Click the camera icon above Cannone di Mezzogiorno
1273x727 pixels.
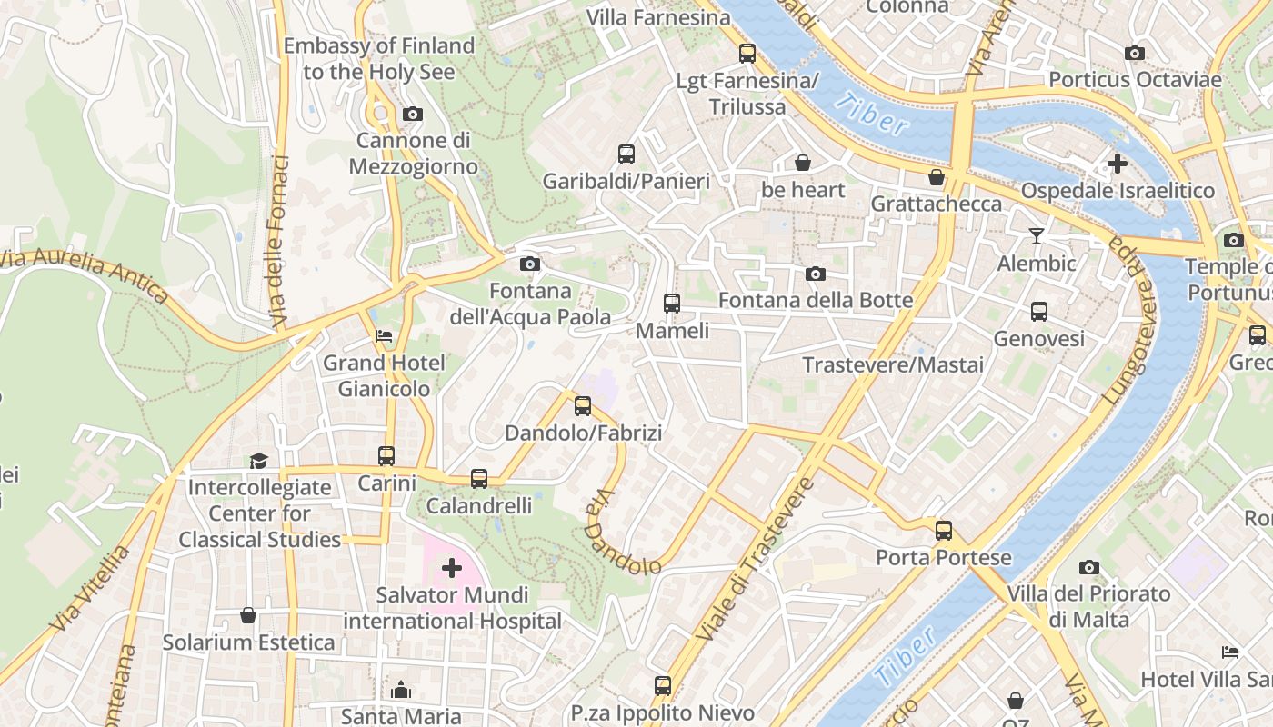413,114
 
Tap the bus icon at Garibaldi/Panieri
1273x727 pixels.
626,154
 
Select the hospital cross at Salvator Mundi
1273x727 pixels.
451,569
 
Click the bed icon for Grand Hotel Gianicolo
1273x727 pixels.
384,336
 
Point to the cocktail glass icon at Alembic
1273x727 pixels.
1037,236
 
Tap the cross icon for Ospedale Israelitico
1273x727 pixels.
1118,164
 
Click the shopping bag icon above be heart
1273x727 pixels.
803,163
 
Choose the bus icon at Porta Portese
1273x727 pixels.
944,530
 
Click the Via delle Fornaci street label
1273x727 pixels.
278,243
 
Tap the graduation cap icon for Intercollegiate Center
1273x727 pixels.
259,461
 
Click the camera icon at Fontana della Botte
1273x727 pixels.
816,274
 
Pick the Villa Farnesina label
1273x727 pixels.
658,17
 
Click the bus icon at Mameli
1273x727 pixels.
672,304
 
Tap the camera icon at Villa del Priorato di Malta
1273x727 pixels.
1089,568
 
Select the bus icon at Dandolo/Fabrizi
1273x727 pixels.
583,406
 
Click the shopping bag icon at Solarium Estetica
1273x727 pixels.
248,616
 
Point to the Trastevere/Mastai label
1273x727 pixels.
893,364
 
